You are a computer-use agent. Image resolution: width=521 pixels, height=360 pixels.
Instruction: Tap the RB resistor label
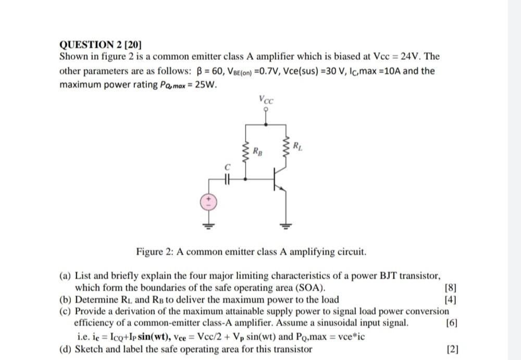pos(257,152)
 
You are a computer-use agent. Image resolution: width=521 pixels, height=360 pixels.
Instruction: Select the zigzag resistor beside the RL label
pos(286,147)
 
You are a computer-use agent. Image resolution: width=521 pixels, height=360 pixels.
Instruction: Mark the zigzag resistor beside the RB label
pos(245,153)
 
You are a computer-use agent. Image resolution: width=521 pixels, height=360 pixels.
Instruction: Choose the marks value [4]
pos(451,299)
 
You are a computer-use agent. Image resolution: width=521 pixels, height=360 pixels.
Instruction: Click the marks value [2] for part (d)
pos(452,349)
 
